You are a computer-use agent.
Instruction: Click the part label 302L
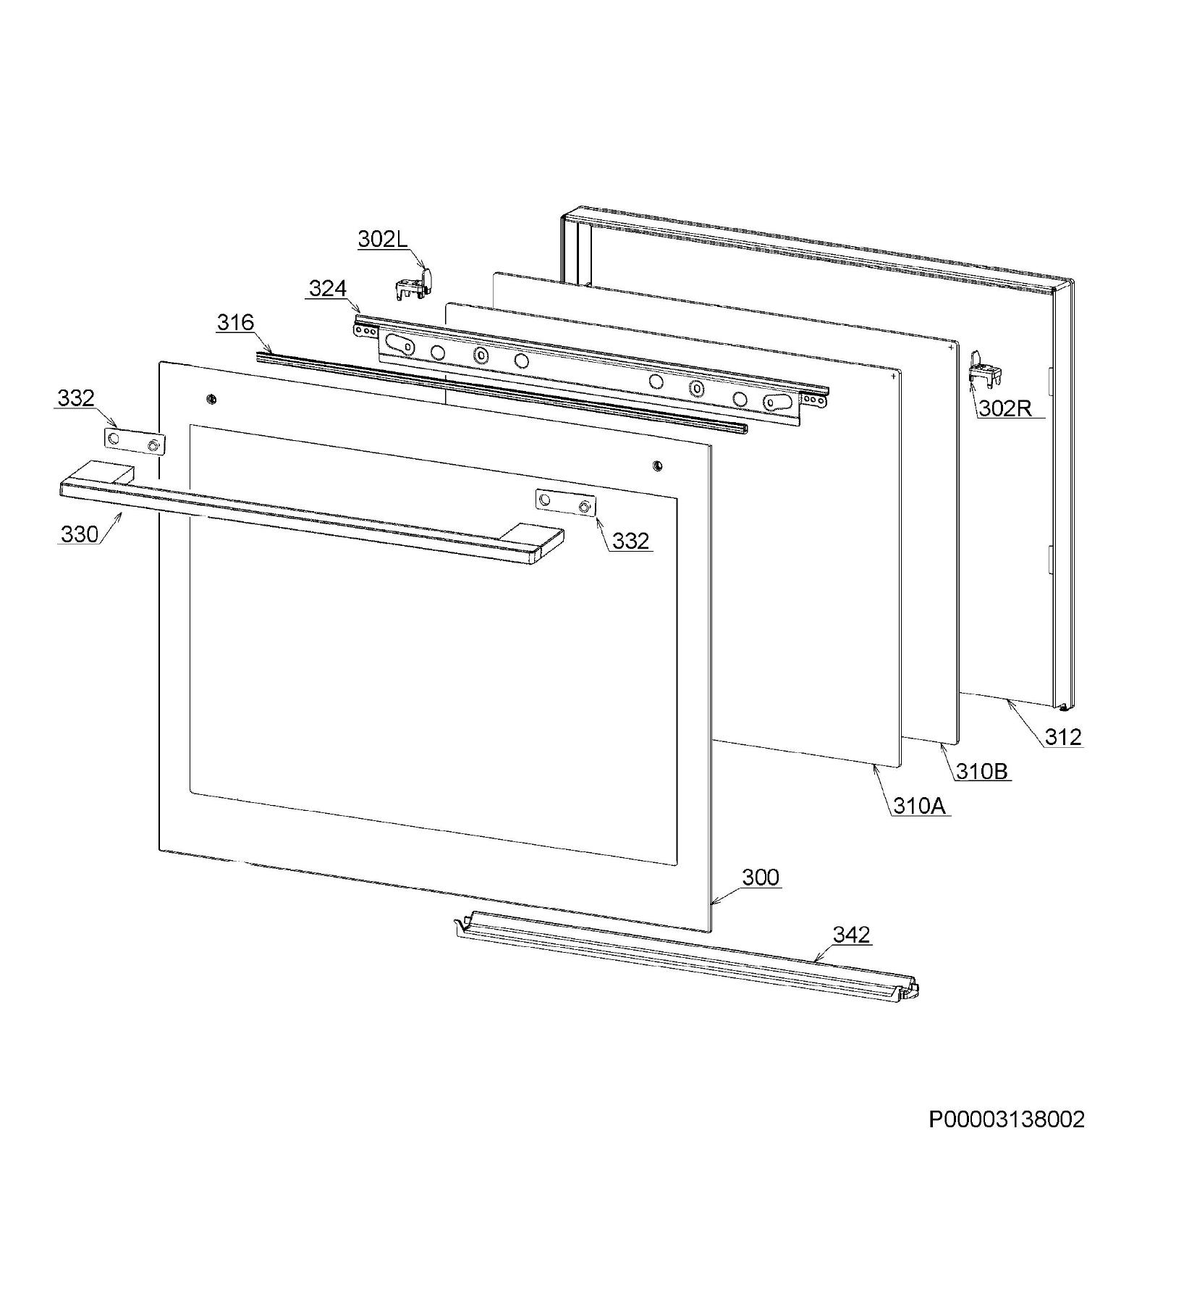(x=383, y=240)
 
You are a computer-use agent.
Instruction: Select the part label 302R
(x=1004, y=408)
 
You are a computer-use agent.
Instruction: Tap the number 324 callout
(x=328, y=288)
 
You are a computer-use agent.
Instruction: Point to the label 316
(x=235, y=322)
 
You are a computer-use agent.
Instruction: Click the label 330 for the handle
(x=80, y=534)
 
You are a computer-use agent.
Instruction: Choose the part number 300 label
(x=761, y=877)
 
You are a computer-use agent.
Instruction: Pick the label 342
(x=851, y=935)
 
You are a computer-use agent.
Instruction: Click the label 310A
(x=919, y=806)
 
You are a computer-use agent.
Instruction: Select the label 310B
(x=982, y=771)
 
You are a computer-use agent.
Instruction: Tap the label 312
(x=1063, y=737)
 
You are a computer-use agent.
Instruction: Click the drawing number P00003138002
(x=1007, y=1119)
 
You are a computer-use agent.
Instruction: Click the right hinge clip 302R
(x=984, y=368)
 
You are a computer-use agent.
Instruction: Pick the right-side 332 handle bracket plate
(x=565, y=503)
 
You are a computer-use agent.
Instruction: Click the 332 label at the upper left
(x=76, y=397)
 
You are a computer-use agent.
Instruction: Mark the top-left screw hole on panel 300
(x=211, y=399)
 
